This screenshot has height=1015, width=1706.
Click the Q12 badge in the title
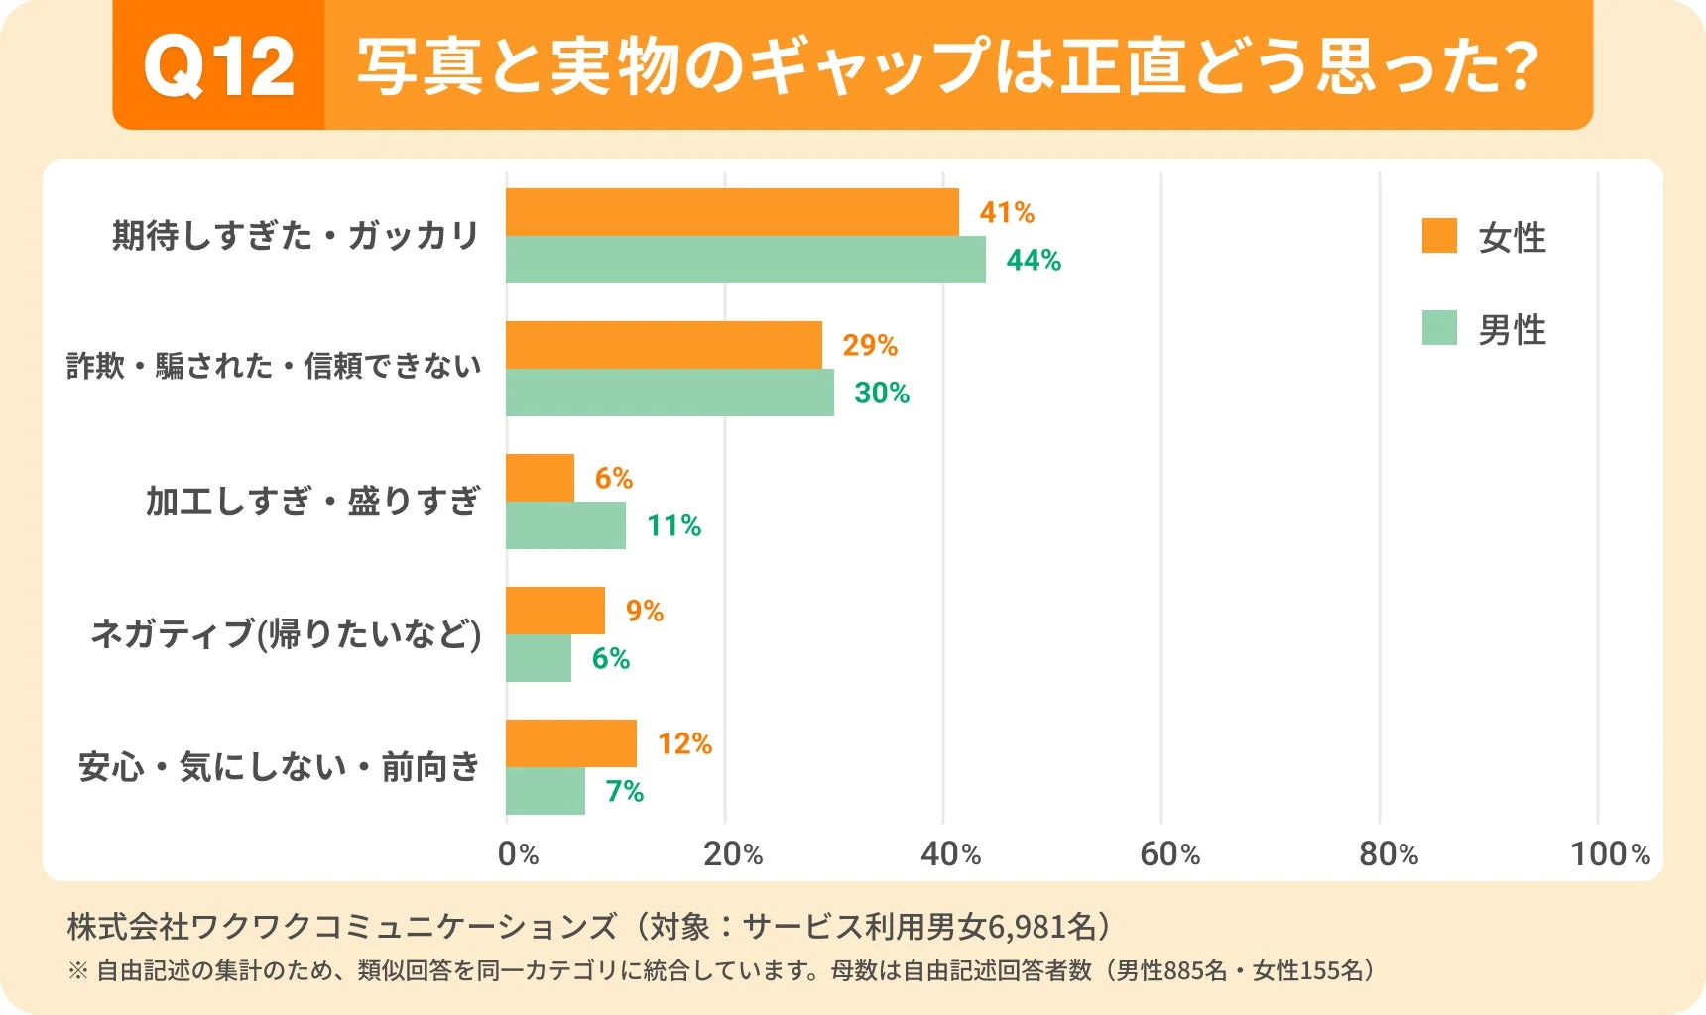(x=219, y=66)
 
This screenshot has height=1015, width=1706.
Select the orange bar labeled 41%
(x=732, y=212)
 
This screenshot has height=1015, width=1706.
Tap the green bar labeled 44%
(x=746, y=260)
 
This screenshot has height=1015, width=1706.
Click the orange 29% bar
(x=664, y=345)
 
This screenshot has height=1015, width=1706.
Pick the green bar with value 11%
(x=565, y=525)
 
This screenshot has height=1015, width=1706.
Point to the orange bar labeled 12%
(x=571, y=743)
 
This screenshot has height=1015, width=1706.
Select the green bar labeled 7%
(x=546, y=791)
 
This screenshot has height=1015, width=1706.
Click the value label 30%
(x=882, y=393)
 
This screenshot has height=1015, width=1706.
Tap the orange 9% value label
(x=644, y=611)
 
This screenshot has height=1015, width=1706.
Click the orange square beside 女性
(x=1438, y=236)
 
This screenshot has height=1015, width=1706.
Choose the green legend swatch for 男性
(x=1438, y=328)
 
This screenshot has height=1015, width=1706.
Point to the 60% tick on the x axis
(x=1169, y=853)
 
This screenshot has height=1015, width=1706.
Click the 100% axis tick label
(x=1609, y=853)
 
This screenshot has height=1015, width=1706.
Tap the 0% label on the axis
(x=518, y=853)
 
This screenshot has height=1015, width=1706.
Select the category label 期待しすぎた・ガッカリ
(x=296, y=236)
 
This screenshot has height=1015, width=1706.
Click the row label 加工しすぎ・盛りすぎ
(x=312, y=502)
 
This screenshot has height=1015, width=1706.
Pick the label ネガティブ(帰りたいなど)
(x=286, y=633)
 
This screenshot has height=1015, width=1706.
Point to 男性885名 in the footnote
(x=1171, y=970)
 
